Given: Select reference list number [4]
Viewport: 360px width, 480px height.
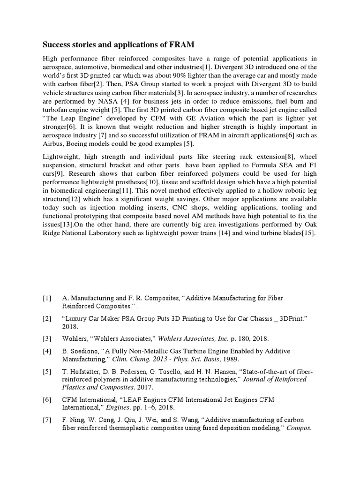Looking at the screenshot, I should click(x=47, y=351).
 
